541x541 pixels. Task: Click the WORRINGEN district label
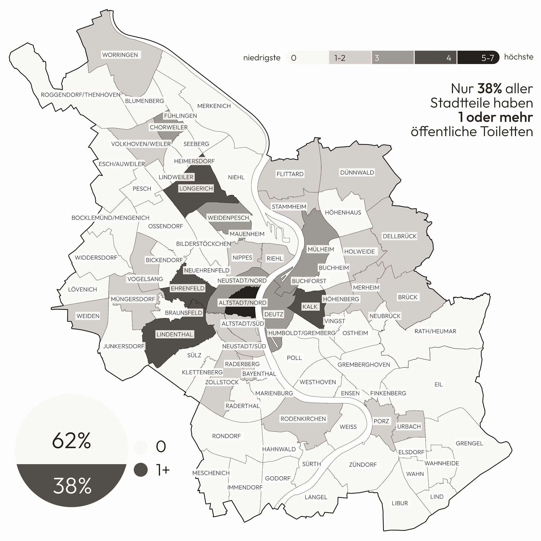[x=120, y=55]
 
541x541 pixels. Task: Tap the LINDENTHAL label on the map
[x=174, y=334]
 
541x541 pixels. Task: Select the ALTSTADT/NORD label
[x=242, y=303]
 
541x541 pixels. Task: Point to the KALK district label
[x=310, y=307]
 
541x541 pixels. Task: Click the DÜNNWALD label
[x=357, y=173]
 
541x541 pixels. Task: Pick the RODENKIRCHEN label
[x=303, y=419]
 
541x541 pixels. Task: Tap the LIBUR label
[x=400, y=503]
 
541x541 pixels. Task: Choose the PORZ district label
[x=381, y=421]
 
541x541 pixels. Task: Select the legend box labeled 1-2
[x=350, y=58]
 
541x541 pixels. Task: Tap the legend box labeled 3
[x=392, y=58]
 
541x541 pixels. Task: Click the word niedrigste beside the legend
[x=262, y=58]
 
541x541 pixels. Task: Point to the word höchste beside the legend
[x=519, y=57]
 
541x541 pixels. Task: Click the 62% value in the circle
[x=72, y=440]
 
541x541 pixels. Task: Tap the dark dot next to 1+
[x=141, y=470]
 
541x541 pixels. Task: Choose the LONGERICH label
[x=196, y=189]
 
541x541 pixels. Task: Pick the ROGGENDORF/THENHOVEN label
[x=81, y=95]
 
